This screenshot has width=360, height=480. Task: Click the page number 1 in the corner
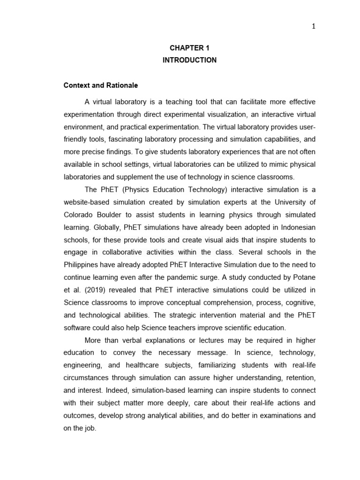coord(314,26)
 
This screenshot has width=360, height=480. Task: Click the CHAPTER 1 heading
coord(189,48)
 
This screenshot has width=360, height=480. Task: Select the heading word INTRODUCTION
coord(189,60)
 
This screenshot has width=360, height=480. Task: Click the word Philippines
coord(82,265)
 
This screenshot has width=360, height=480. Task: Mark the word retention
coord(298,378)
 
